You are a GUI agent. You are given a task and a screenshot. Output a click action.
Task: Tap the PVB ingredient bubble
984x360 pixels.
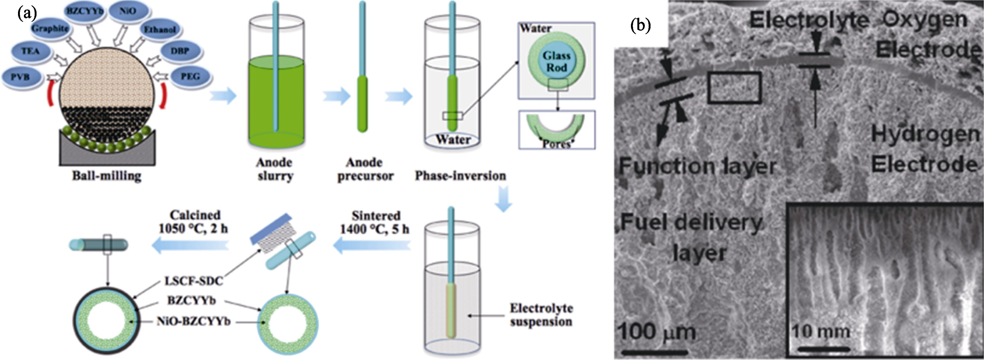point(20,77)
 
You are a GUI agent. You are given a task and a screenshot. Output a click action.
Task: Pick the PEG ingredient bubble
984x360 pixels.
point(190,76)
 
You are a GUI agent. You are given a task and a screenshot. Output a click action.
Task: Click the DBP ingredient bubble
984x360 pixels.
point(179,51)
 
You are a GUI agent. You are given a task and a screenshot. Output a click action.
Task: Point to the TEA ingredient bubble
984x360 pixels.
point(31,51)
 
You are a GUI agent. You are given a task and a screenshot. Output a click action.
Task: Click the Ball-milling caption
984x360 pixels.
point(107,176)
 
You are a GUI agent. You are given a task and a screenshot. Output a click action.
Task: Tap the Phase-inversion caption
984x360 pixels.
point(460,176)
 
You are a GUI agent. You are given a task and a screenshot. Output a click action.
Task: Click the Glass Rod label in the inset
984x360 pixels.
point(556,62)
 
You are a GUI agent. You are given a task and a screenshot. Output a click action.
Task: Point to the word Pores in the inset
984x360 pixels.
point(556,144)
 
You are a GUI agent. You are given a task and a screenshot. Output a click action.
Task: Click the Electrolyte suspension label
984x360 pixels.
point(541,315)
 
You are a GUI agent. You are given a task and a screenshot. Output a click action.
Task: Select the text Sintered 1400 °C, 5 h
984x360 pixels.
point(375,222)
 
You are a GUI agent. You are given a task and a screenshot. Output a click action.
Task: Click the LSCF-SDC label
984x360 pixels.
point(193,281)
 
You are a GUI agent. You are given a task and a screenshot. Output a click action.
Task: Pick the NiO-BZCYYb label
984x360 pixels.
point(193,321)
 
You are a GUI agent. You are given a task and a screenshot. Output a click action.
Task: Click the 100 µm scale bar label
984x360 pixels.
point(656,331)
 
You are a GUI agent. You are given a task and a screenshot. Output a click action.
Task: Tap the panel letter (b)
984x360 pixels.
point(641,25)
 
